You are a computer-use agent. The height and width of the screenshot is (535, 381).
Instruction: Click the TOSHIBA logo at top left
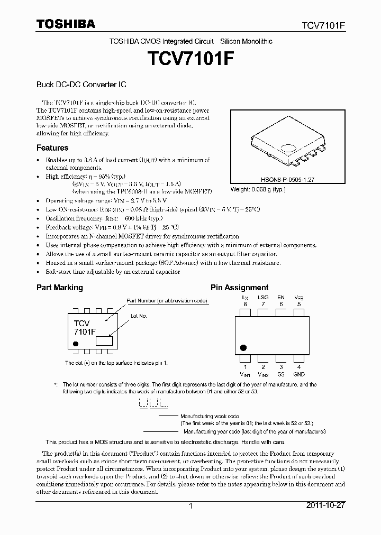click(x=66, y=24)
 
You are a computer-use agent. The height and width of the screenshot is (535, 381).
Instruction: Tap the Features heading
click(x=52, y=148)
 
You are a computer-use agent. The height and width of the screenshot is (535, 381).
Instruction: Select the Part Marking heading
click(x=59, y=288)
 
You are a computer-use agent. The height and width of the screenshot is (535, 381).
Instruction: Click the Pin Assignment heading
click(x=239, y=288)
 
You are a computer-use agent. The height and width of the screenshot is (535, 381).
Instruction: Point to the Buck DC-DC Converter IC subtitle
click(x=81, y=85)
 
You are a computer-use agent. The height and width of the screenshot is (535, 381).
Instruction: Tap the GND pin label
click(x=299, y=374)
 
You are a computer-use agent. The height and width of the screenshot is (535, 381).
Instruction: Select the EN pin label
click(x=280, y=298)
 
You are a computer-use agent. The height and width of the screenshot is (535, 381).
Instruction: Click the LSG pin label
click(x=263, y=298)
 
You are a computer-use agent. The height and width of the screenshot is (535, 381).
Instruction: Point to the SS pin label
click(x=281, y=374)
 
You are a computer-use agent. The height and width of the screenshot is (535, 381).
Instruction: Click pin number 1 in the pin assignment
click(x=245, y=367)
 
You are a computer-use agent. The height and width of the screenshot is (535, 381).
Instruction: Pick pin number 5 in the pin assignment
click(x=299, y=304)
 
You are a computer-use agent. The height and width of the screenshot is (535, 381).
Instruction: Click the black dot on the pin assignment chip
click(x=243, y=347)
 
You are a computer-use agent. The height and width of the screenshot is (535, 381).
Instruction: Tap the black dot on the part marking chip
click(x=76, y=344)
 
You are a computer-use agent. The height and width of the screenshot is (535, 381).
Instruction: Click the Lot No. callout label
click(x=139, y=316)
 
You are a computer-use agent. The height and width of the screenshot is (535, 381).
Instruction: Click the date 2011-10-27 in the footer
click(x=325, y=505)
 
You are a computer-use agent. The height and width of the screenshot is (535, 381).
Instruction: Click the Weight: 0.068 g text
click(x=258, y=189)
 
